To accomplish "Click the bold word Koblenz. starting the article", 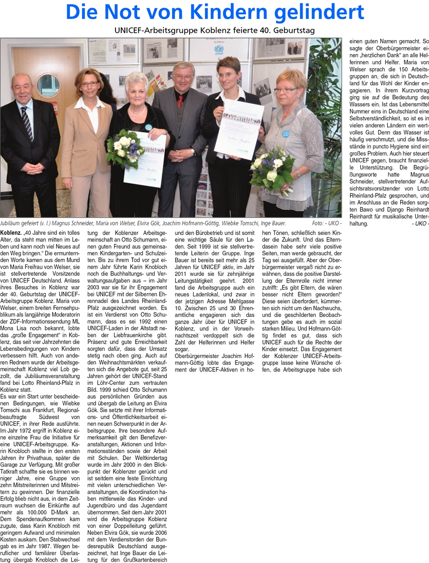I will coord(11,232).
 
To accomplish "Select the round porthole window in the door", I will coord(48,85).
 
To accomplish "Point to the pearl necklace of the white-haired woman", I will coord(137,111).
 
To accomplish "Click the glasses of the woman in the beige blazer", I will coord(89,83).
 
